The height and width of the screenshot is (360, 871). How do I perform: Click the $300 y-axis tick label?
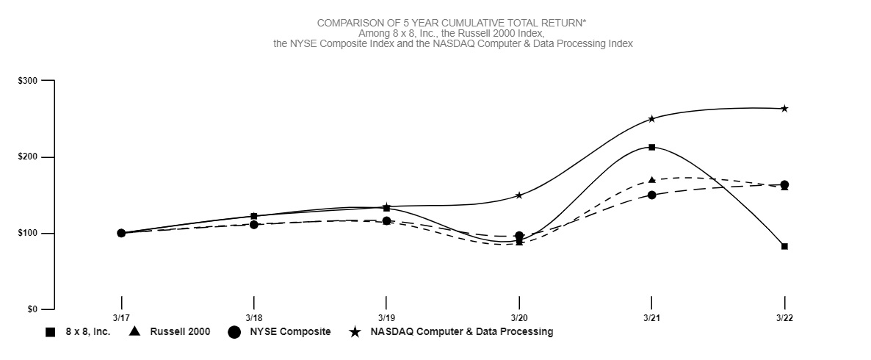click(27, 81)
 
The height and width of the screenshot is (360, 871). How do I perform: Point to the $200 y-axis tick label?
click(27, 157)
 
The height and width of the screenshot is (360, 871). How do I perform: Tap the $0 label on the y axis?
click(32, 309)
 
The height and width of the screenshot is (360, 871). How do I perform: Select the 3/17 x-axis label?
click(121, 318)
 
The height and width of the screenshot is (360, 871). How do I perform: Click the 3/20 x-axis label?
click(519, 318)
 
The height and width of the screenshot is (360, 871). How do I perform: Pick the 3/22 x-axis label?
click(784, 318)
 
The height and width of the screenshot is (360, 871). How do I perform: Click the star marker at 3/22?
click(784, 109)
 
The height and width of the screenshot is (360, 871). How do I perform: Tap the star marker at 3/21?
click(651, 119)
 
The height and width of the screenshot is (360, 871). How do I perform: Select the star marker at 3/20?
click(519, 195)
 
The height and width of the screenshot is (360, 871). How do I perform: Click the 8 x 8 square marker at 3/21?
click(651, 148)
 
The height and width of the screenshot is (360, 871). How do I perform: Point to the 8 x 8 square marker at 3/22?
click(784, 246)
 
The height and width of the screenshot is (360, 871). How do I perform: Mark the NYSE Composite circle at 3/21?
click(651, 195)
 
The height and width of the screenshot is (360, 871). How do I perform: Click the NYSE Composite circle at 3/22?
click(784, 184)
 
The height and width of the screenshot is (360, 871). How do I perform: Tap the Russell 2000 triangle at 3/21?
click(651, 180)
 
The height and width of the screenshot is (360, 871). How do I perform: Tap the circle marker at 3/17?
click(121, 233)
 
